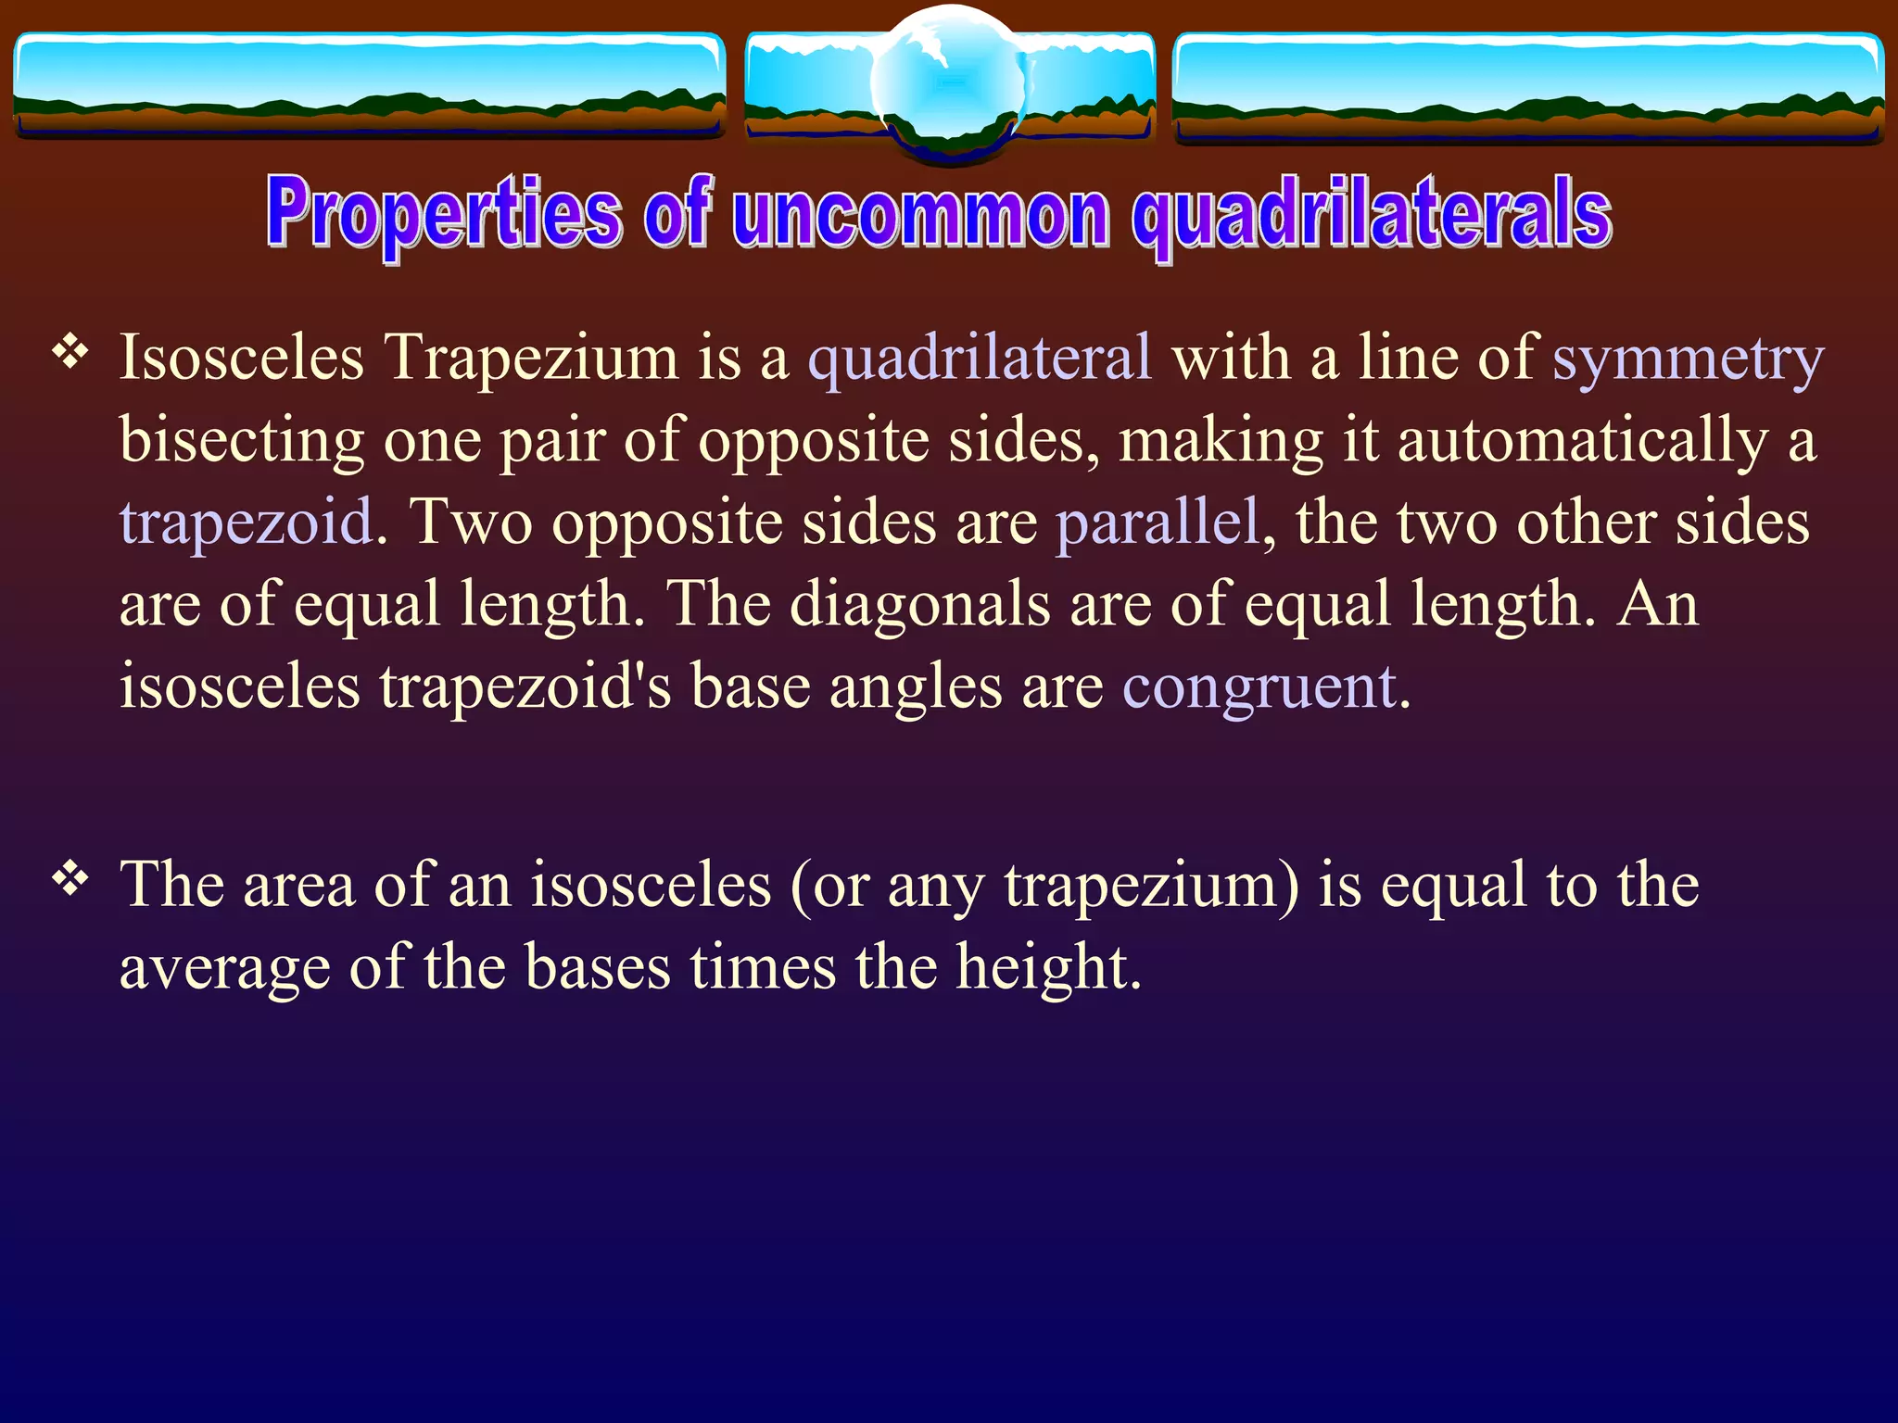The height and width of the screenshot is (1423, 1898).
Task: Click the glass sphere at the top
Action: click(949, 83)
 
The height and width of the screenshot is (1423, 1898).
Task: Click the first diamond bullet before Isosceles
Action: click(70, 352)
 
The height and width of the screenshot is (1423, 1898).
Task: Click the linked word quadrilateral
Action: click(980, 358)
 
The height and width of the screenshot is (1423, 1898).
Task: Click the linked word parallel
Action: click(1158, 523)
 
